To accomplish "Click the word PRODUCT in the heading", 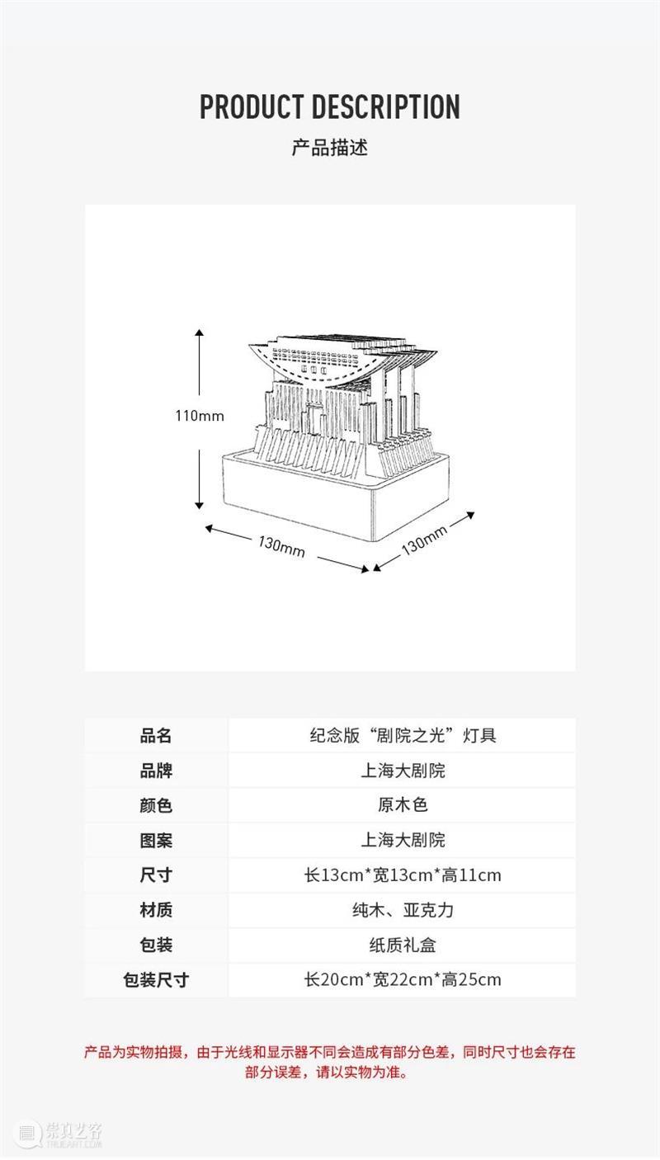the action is (252, 106).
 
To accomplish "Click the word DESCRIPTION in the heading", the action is (386, 106).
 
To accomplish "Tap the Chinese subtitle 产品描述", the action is (330, 148).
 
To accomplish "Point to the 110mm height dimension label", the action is (200, 416).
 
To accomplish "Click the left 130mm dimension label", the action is (281, 547).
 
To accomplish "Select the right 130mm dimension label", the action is (424, 540).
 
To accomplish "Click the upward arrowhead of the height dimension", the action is (200, 332).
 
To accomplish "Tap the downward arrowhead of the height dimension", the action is (200, 505).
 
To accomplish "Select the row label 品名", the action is (156, 735).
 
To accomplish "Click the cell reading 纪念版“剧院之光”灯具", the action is (403, 735).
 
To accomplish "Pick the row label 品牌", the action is (156, 771).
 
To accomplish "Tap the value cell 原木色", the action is (403, 805).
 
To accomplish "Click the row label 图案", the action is (156, 840).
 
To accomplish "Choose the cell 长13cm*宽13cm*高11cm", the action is (403, 875).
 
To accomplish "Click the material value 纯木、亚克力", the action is (403, 910).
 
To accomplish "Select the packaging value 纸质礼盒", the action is (403, 945).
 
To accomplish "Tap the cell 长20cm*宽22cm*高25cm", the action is (403, 980).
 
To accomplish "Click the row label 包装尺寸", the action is (156, 980).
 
